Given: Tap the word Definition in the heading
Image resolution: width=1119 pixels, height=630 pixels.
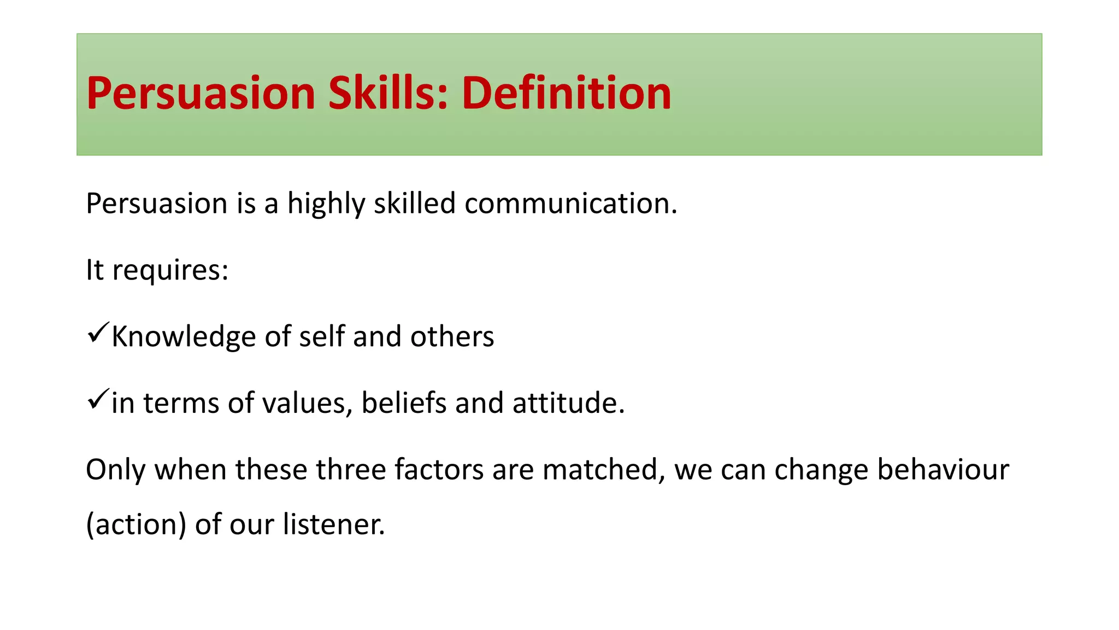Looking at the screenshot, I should point(567,93).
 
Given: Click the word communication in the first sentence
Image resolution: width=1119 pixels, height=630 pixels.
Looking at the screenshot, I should point(571,203).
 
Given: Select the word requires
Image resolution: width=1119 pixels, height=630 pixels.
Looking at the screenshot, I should point(170,271).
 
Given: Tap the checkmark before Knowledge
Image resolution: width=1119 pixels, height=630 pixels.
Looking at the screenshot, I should point(98,332).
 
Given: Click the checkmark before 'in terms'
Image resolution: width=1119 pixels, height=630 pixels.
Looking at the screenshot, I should point(98,399).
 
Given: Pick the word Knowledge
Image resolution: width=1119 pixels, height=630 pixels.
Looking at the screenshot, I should point(184,337).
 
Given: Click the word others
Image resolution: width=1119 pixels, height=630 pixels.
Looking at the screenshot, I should point(452,336).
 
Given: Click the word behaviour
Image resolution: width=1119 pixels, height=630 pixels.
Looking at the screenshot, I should point(943,470).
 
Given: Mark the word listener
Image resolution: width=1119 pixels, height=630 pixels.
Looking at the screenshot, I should point(334,524).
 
